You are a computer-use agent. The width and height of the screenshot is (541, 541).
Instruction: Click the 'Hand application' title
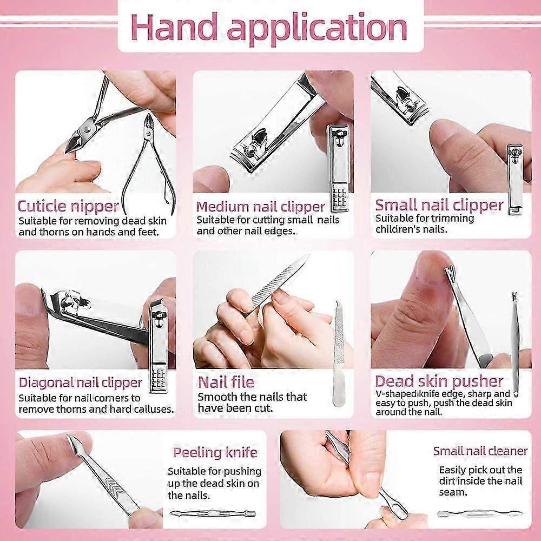[x=269, y=28]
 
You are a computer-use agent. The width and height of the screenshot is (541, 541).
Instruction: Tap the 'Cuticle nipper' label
[x=68, y=206]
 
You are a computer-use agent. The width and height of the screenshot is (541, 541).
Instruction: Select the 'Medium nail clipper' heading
[x=261, y=207]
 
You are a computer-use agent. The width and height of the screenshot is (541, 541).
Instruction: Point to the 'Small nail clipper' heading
[x=439, y=205]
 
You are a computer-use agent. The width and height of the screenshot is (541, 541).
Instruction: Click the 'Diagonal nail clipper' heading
[x=81, y=382]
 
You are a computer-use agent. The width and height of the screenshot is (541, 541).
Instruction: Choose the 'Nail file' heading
[x=226, y=382]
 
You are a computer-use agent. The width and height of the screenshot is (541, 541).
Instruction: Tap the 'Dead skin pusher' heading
[x=439, y=381]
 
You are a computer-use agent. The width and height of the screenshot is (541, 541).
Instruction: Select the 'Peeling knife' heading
[x=215, y=452]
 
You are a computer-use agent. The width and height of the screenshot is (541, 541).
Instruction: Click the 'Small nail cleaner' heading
[x=480, y=451]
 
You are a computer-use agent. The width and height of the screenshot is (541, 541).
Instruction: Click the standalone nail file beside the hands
[x=338, y=354]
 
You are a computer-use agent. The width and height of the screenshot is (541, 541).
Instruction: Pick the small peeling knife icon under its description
[x=213, y=514]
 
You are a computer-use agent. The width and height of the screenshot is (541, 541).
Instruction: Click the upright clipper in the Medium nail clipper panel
[x=339, y=168]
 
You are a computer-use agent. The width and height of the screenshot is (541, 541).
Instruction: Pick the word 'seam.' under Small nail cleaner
[x=453, y=492]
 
